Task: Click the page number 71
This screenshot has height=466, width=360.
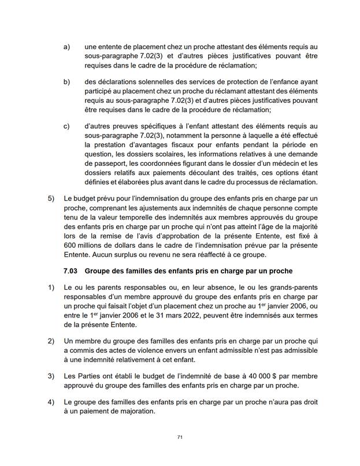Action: coord(180,437)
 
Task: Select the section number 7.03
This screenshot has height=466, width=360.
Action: coord(73,271)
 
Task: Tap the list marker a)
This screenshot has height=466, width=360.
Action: coord(67,46)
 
